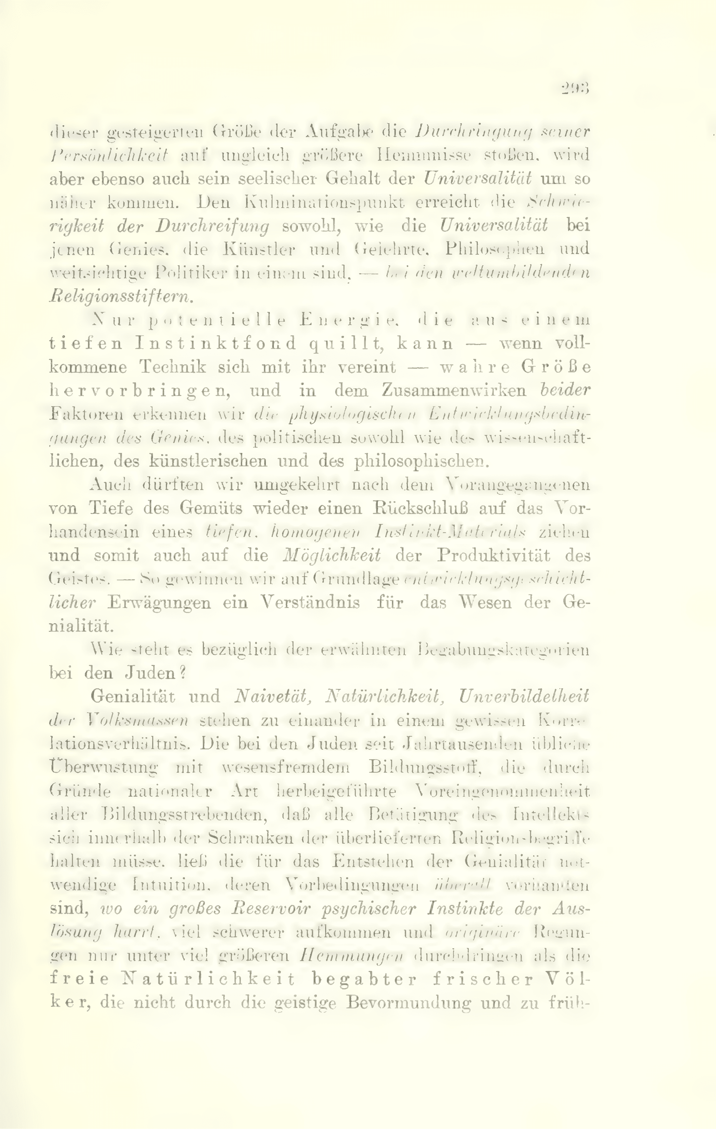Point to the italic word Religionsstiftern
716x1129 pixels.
[121, 296]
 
